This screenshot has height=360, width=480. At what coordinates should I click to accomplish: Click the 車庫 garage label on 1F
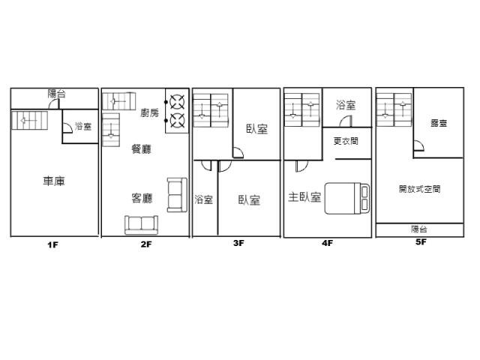pos(54,181)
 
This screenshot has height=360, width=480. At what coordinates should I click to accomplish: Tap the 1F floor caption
pos(52,244)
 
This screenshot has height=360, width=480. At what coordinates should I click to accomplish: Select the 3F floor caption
pos(238,243)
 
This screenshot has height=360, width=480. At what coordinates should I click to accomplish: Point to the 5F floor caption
pos(421,241)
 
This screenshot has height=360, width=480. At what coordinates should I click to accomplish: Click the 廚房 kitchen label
pos(150,112)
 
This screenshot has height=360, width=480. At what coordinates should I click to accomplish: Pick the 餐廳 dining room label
pos(142,149)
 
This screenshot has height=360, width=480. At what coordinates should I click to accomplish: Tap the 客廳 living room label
pos(142,198)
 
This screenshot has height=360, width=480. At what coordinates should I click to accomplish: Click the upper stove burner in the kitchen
pos(177,102)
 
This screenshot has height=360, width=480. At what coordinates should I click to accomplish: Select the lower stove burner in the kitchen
pos(177,120)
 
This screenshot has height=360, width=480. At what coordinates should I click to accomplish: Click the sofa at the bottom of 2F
pos(141,225)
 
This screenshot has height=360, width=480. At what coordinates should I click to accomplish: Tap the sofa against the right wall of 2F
pos(177,195)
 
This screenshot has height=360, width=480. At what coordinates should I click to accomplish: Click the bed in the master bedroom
pos(347,198)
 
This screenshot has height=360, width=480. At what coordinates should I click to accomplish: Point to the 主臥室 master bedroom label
pos(304,197)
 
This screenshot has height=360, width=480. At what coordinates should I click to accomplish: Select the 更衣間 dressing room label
pos(346,141)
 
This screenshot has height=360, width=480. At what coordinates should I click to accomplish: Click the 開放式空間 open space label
pos(420,189)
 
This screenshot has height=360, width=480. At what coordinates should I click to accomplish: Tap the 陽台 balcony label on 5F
pos(419,229)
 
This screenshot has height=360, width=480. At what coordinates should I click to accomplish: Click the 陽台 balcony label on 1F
pos(57,93)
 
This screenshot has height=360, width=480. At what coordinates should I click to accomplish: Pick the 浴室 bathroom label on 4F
pos(346,105)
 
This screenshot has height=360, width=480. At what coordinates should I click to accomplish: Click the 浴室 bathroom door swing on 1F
pos(67,127)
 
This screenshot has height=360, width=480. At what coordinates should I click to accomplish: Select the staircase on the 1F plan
pos(30,120)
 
